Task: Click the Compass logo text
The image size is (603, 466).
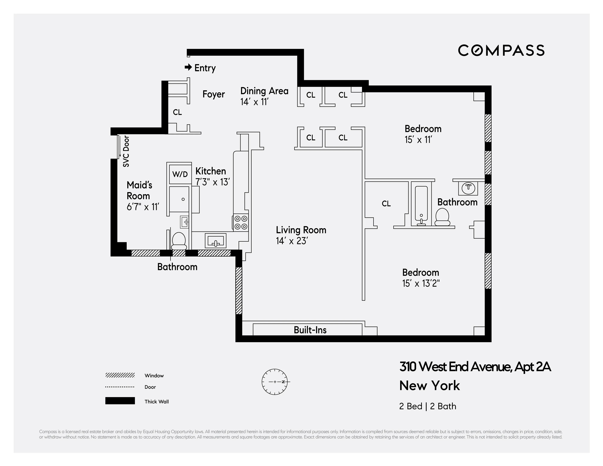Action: (x=501, y=51)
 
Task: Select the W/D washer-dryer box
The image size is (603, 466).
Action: (x=180, y=174)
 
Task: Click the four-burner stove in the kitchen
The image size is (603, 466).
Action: (x=241, y=223)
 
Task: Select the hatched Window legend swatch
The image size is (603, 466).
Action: (x=120, y=375)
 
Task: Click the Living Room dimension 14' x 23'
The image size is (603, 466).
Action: (x=292, y=241)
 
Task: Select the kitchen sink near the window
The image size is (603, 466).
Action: (x=215, y=241)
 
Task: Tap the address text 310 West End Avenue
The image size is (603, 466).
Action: (x=475, y=367)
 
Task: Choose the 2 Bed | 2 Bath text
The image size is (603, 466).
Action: (x=427, y=406)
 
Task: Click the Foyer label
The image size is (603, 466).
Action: (x=213, y=94)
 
